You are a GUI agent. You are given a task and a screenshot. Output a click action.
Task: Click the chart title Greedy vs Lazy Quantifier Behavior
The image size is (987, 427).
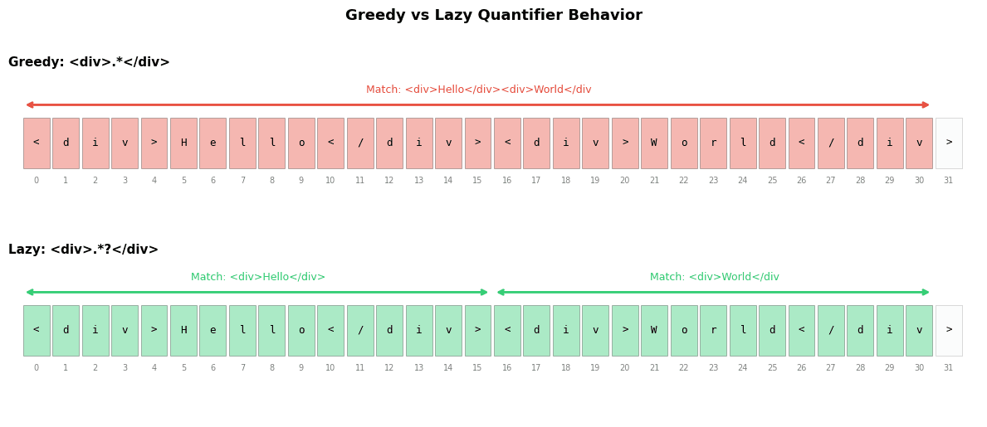(493, 16)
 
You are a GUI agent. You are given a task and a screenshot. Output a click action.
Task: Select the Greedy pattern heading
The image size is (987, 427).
(89, 62)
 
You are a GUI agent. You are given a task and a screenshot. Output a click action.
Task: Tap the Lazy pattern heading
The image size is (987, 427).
(83, 250)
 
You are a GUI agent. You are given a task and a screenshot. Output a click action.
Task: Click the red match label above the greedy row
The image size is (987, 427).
(478, 90)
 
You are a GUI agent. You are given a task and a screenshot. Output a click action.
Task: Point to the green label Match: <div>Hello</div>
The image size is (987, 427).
(257, 277)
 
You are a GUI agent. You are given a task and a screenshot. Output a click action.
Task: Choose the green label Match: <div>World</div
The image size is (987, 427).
(714, 277)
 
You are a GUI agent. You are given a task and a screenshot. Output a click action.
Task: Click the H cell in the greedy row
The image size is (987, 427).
(183, 143)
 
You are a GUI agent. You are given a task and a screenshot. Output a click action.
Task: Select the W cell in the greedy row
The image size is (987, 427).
(654, 143)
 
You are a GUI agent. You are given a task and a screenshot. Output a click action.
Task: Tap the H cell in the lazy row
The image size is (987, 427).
(183, 330)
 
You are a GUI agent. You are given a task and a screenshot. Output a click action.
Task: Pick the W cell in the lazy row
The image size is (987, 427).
(654, 330)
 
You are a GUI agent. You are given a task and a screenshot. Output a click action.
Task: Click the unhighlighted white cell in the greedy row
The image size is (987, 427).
(949, 143)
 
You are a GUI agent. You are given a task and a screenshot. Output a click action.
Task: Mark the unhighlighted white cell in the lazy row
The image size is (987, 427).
(949, 330)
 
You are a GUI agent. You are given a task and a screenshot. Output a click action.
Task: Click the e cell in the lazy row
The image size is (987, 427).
(213, 330)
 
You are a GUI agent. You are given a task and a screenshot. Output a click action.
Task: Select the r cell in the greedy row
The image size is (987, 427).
(713, 143)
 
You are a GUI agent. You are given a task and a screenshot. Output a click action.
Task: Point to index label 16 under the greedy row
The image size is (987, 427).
(507, 181)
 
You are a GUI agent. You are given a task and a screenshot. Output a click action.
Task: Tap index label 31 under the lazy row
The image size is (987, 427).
(949, 368)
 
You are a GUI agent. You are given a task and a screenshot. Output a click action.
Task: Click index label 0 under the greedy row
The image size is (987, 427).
(36, 181)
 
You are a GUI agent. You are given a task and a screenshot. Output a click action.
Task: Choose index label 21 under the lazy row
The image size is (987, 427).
(654, 368)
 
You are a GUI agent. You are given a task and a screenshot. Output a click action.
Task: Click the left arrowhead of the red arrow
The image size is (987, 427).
(28, 105)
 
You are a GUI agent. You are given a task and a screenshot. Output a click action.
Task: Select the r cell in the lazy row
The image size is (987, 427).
(713, 330)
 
